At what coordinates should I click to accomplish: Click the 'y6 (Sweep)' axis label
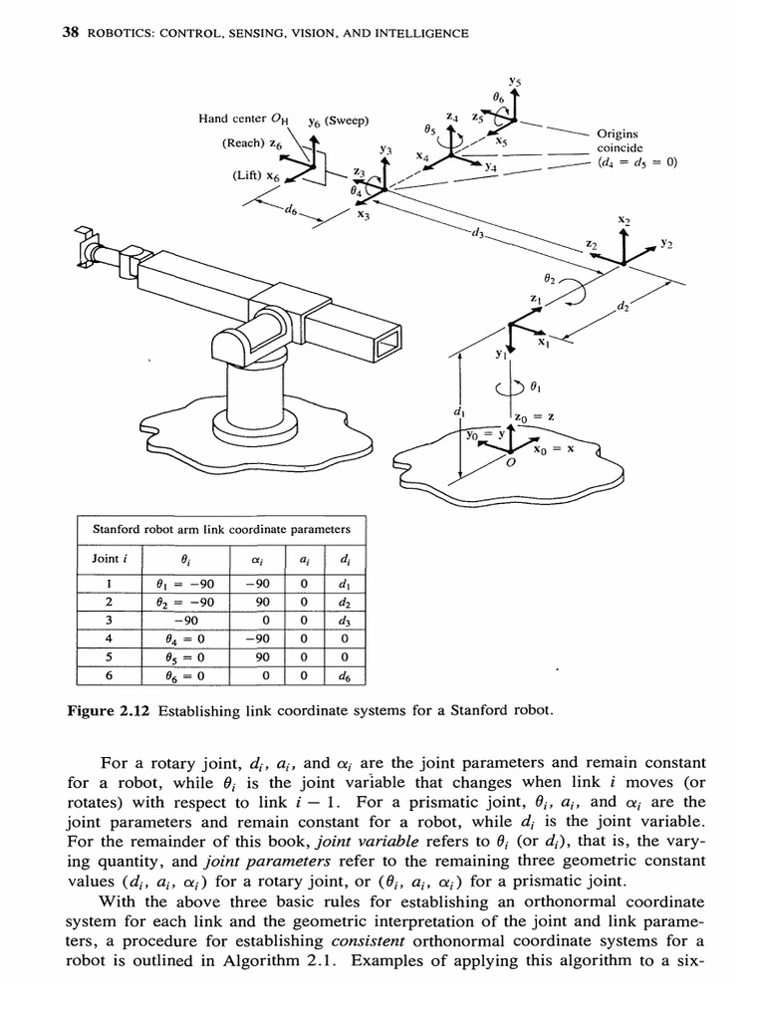point(338,122)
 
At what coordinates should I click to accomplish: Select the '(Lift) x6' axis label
point(256,175)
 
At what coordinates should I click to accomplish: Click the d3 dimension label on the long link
point(479,234)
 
